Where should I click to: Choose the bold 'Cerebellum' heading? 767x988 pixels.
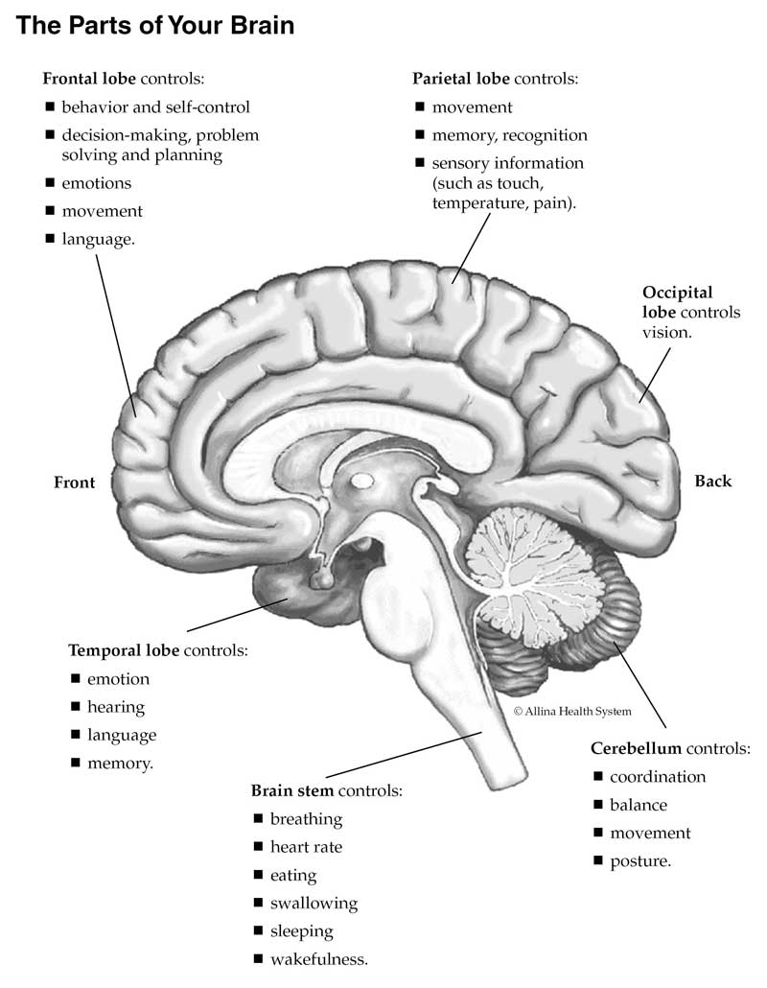(x=636, y=748)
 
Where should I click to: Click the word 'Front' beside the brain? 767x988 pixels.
(x=75, y=482)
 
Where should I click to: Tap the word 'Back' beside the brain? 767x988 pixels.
(x=712, y=482)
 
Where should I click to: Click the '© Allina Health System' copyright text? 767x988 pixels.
(x=572, y=711)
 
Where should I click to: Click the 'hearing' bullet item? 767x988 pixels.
(x=116, y=707)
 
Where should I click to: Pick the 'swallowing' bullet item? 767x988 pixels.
(x=314, y=903)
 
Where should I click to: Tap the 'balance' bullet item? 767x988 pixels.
(x=639, y=805)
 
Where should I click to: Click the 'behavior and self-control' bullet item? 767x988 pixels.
(x=155, y=107)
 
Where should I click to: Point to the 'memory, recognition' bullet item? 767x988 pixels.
(x=509, y=135)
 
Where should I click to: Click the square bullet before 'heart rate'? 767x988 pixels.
(x=259, y=847)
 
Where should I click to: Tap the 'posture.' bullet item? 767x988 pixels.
(x=640, y=860)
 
